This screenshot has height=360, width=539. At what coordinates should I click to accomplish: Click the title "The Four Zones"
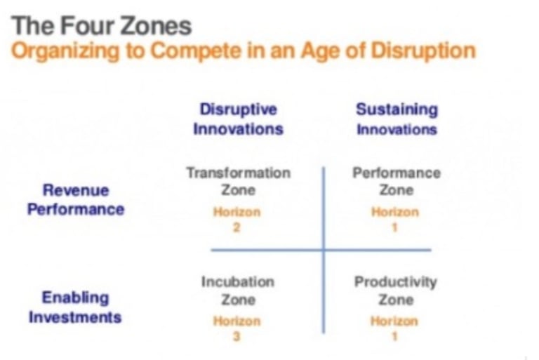click(x=101, y=25)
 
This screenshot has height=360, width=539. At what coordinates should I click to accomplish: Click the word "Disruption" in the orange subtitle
click(x=423, y=51)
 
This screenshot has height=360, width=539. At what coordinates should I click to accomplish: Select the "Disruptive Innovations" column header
click(x=238, y=119)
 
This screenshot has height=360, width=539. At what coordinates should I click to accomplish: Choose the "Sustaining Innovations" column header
click(x=397, y=119)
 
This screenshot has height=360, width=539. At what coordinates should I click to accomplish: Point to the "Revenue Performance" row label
click(x=76, y=199)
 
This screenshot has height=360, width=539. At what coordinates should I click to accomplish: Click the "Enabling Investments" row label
click(x=75, y=307)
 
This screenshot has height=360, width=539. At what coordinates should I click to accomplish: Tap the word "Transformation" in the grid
click(x=239, y=173)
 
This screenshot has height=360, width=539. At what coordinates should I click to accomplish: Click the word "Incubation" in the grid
click(x=238, y=281)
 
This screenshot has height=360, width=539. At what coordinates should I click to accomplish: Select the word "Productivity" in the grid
click(x=396, y=282)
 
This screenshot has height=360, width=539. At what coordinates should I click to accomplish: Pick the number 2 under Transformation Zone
click(x=237, y=227)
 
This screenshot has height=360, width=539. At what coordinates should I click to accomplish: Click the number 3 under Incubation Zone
click(x=237, y=336)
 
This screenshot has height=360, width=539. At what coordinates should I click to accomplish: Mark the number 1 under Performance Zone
click(x=394, y=227)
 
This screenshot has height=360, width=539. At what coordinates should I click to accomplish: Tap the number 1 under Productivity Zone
click(x=394, y=336)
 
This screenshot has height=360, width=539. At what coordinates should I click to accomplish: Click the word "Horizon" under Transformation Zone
click(x=237, y=212)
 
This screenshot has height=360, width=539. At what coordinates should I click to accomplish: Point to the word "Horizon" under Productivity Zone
click(x=394, y=321)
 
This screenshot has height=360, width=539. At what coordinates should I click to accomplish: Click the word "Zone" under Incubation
click(x=238, y=300)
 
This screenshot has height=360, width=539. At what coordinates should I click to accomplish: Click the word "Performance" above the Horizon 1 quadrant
click(x=397, y=173)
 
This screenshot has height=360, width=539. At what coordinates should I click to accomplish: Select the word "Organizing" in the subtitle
click(x=66, y=51)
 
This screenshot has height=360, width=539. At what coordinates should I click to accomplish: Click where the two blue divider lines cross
click(x=324, y=250)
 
